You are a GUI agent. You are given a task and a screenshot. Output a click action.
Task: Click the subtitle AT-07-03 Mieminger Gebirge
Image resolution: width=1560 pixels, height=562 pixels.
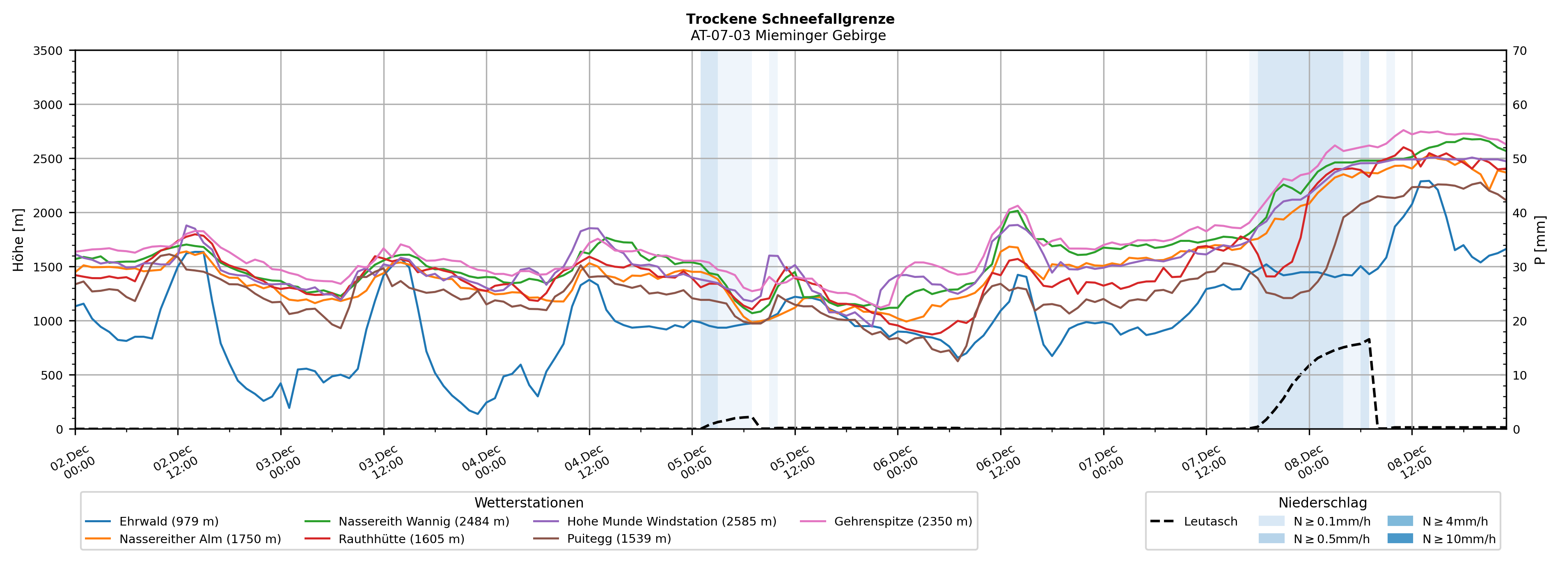[x=788, y=36]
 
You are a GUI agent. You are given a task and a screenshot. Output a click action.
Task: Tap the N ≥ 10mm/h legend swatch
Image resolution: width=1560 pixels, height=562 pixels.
[x=1400, y=538]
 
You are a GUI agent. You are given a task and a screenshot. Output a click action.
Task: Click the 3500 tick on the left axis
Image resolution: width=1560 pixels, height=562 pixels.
[x=48, y=51]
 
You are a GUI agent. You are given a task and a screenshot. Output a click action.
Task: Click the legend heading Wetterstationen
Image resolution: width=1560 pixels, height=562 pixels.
[x=529, y=503]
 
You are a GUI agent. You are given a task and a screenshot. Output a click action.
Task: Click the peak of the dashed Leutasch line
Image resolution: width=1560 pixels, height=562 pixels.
[x=1369, y=339]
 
